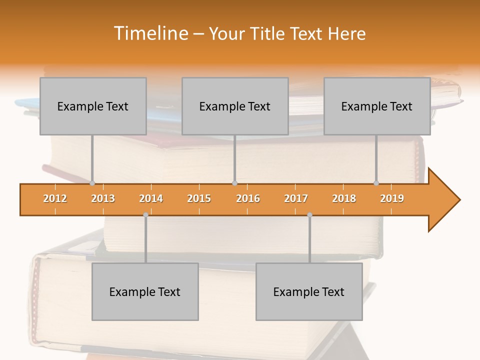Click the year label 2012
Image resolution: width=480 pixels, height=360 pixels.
(55, 198)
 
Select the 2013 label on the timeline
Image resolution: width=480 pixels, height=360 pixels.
(103, 198)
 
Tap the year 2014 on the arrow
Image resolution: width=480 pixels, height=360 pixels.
(151, 198)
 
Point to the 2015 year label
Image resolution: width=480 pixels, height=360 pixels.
(199, 198)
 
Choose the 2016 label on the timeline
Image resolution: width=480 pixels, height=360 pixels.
(248, 198)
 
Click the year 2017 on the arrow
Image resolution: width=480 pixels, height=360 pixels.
(296, 198)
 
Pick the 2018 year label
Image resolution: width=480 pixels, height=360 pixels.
(344, 198)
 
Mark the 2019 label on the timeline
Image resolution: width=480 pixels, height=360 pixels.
(392, 198)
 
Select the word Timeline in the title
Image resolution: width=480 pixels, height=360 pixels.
(150, 33)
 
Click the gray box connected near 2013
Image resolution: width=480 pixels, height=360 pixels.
(93, 106)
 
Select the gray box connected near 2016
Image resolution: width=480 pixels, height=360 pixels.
(235, 106)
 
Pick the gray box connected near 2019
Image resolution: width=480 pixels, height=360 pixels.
(377, 106)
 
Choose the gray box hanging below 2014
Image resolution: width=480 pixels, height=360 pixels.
(145, 291)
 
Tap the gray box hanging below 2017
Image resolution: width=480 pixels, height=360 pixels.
(309, 291)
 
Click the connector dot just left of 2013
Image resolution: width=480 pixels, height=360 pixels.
(92, 183)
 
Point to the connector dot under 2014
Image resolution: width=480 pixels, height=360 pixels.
(145, 215)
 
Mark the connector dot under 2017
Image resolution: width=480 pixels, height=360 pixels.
(309, 215)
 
